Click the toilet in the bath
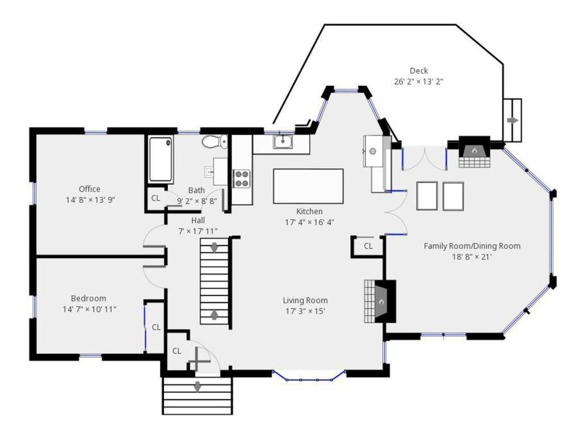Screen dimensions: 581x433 click(x=214, y=142)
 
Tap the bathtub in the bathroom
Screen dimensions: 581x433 click(x=161, y=159)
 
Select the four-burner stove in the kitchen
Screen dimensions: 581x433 click(x=242, y=179)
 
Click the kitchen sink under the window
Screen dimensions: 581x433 click(x=283, y=141)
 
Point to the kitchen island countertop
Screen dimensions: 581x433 click(x=308, y=186)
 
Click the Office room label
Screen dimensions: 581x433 click(x=90, y=189)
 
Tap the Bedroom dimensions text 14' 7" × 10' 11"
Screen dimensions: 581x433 click(x=90, y=309)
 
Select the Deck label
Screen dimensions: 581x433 click(x=419, y=71)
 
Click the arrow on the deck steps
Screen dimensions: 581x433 click(x=513, y=120)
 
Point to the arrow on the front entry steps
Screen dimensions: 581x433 click(x=197, y=387)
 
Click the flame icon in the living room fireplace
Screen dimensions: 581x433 click(x=381, y=302)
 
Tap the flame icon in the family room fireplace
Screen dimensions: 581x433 click(x=474, y=151)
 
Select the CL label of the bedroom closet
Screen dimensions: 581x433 click(x=157, y=328)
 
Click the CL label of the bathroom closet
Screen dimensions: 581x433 click(x=155, y=198)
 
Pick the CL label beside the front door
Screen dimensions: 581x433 click(x=177, y=351)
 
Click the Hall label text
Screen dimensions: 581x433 click(x=198, y=220)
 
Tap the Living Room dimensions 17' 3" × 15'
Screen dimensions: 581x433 click(x=305, y=311)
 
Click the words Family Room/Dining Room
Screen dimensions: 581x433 click(x=472, y=246)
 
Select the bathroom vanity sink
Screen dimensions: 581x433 click(x=209, y=171)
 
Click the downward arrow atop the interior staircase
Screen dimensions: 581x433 click(x=214, y=248)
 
